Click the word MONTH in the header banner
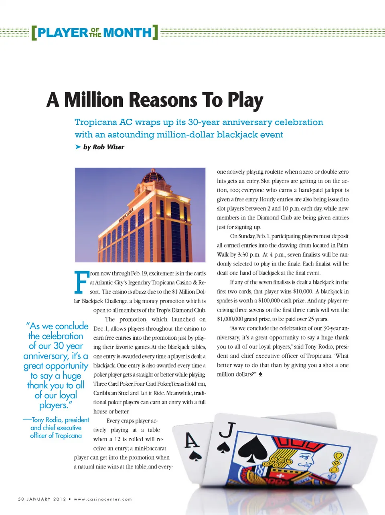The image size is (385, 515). tap(128, 32)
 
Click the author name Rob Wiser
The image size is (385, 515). tap(108, 147)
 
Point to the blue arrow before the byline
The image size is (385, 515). tap(78, 147)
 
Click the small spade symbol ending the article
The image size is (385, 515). tap(260, 374)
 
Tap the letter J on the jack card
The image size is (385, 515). tap(227, 430)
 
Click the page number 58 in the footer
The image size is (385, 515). tap(21, 499)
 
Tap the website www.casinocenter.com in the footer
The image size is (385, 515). tap(103, 499)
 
